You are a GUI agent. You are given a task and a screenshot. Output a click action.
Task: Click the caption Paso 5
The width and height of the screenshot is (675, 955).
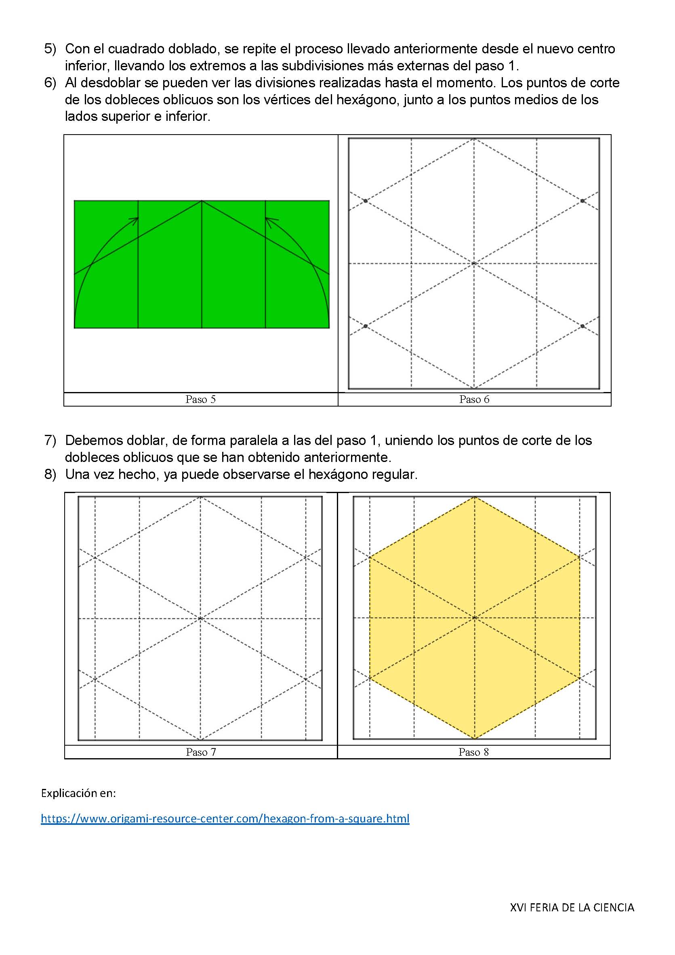200,399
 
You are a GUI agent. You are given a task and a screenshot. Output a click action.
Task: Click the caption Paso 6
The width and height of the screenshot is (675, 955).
474,399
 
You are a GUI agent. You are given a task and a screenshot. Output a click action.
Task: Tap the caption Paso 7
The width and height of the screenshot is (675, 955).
201,752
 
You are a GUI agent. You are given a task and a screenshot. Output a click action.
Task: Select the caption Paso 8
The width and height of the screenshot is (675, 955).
473,752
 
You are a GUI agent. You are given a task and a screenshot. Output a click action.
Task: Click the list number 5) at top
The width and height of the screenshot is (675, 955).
50,48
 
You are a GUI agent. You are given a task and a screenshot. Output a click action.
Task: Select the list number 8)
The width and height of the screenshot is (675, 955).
50,474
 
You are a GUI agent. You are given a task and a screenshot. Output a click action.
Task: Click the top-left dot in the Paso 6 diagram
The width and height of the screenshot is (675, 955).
365,201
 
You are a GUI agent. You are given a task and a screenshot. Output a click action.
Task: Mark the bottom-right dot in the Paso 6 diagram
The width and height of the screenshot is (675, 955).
582,326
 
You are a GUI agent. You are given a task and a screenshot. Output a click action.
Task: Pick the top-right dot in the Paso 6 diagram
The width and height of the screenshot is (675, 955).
582,201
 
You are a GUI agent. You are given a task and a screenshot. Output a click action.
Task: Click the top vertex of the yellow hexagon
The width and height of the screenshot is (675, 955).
474,497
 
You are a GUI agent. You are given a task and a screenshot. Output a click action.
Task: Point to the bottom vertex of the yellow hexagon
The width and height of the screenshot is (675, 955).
474,739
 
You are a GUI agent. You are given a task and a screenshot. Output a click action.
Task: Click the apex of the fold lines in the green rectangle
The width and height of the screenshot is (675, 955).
202,201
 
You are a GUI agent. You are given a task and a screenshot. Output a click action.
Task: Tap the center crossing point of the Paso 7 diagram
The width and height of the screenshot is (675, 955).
200,618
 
